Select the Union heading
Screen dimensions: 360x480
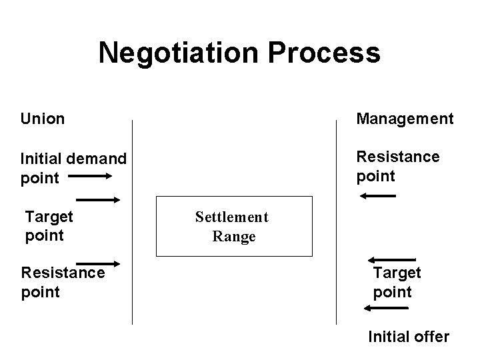pos(42,119)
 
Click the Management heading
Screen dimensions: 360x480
pos(405,119)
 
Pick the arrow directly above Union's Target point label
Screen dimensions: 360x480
pos(98,199)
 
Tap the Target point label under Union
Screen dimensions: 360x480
pos(49,225)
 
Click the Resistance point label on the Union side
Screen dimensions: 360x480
pos(63,282)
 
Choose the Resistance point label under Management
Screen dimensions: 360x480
pos(397,165)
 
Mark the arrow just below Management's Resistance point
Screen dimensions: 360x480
pos(377,195)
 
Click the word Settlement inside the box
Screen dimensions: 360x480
pos(231,217)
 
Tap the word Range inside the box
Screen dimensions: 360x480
pos(233,236)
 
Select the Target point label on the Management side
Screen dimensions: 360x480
pos(397,282)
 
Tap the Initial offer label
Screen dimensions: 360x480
pos(409,337)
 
